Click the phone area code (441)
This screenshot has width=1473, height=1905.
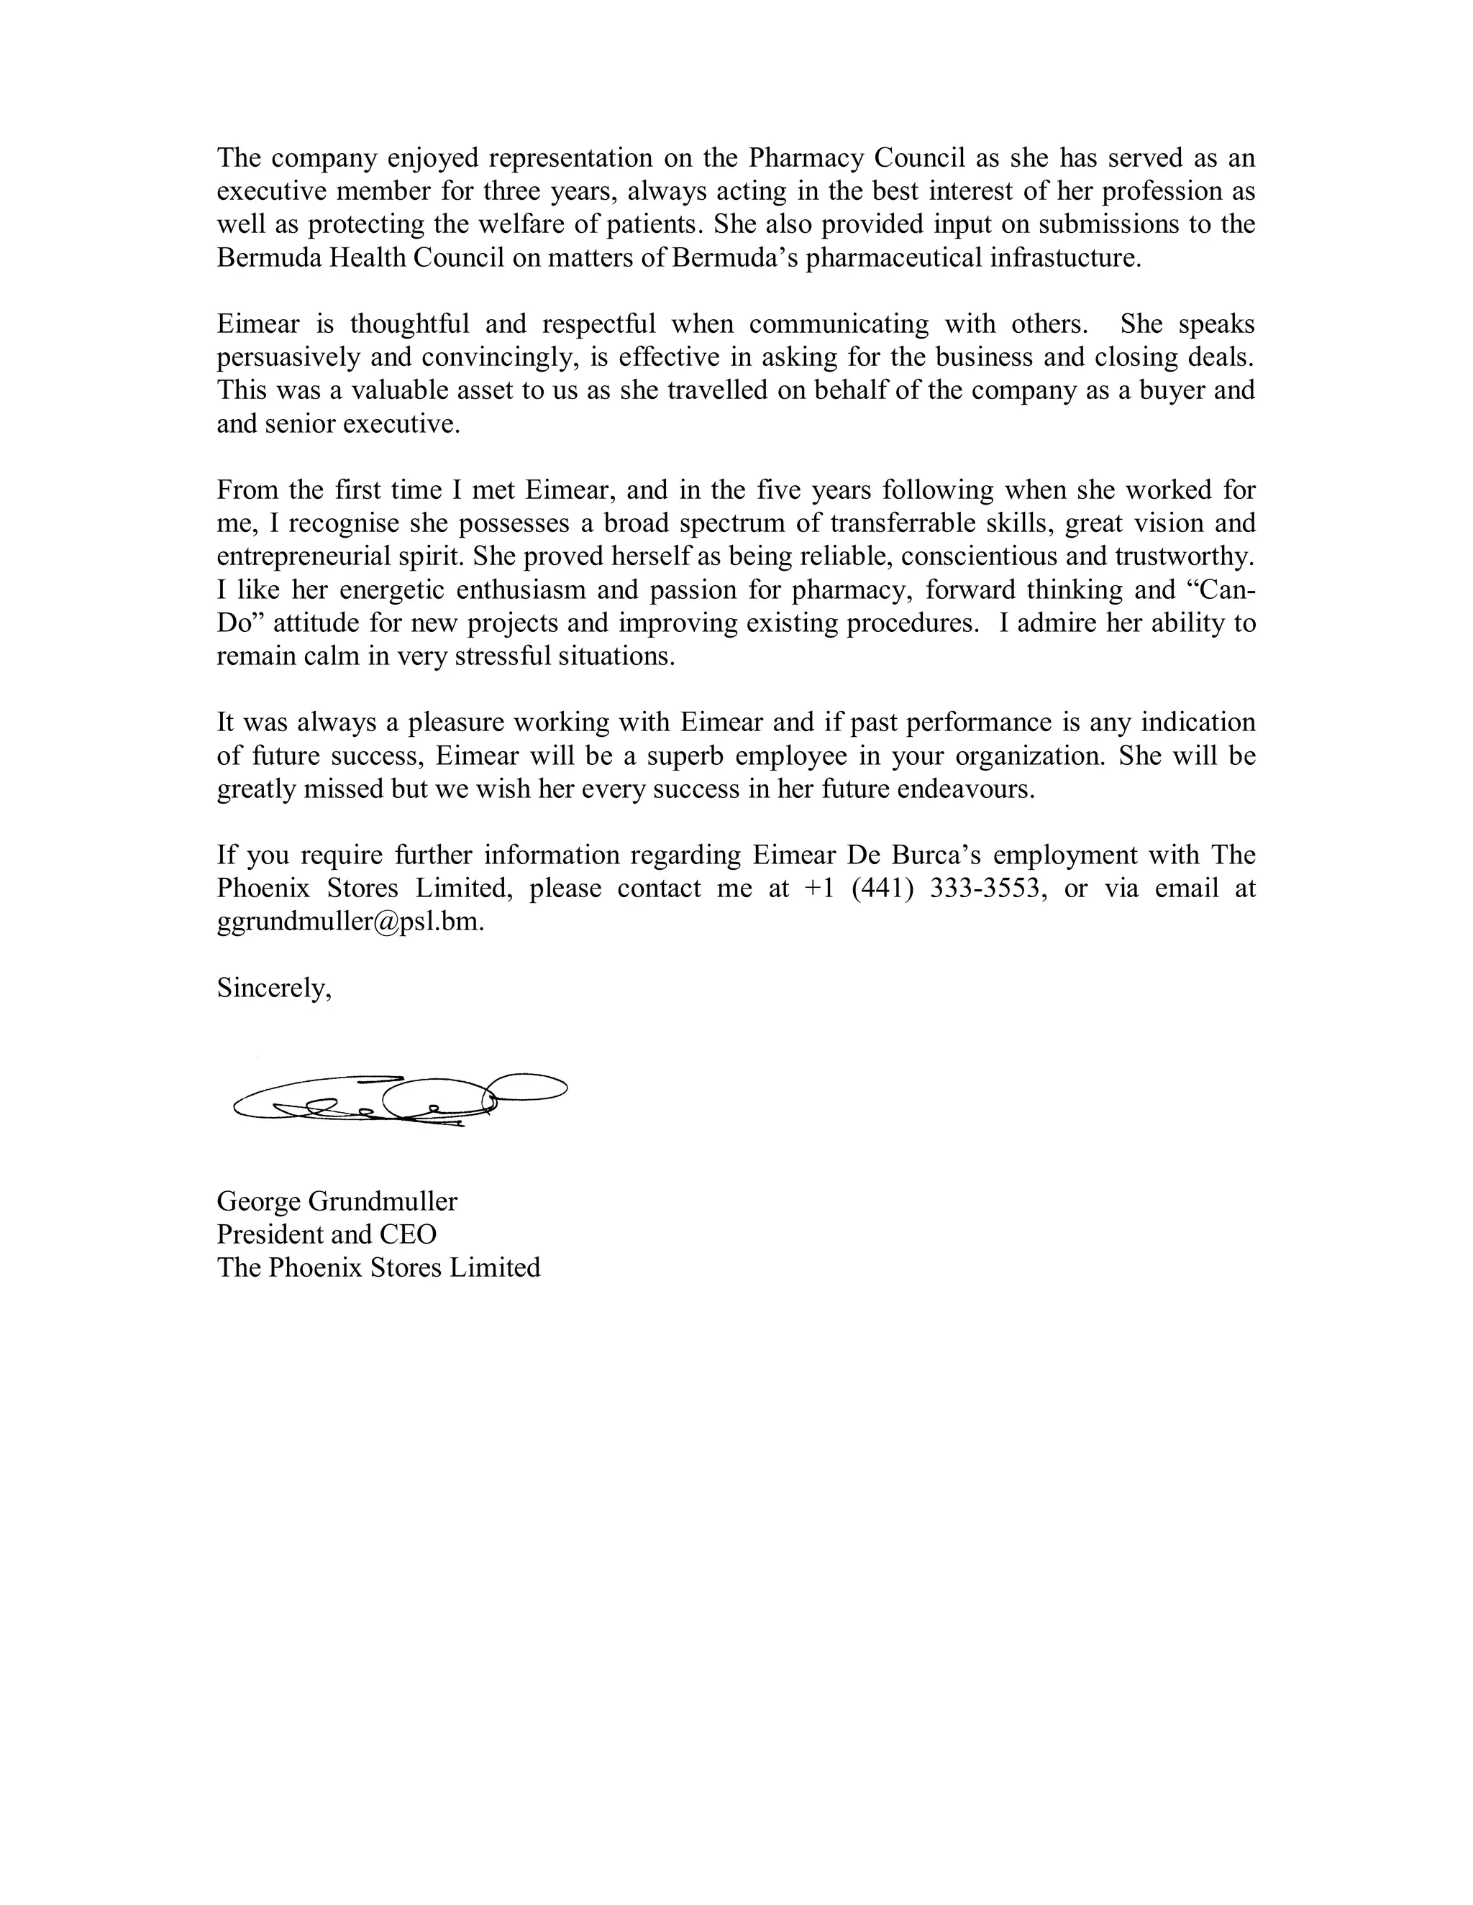(883, 888)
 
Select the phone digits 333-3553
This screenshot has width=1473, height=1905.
(989, 888)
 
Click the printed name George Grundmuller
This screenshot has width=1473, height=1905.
(337, 1201)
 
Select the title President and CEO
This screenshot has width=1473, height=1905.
(327, 1234)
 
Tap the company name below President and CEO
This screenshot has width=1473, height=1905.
(379, 1267)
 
